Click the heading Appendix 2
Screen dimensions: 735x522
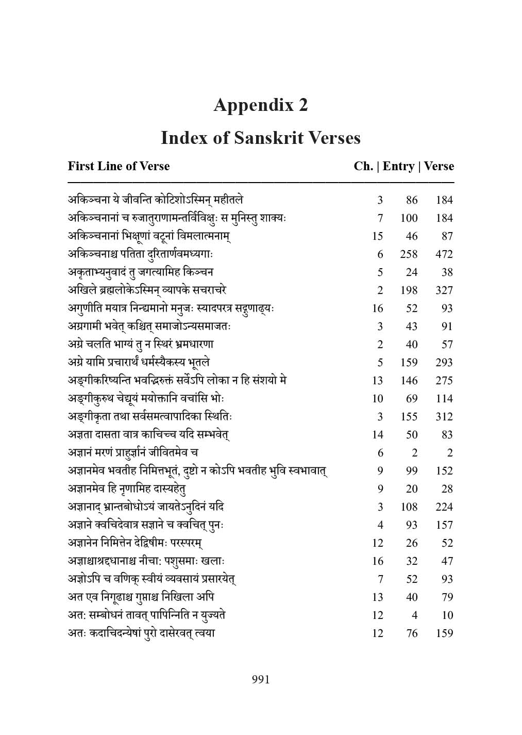click(x=261, y=105)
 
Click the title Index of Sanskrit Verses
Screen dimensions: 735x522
click(x=261, y=138)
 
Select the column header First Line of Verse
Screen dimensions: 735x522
click(x=119, y=166)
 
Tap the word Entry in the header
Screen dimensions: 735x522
click(x=398, y=166)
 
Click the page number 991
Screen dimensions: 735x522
click(x=261, y=679)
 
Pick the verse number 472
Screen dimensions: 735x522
click(x=444, y=254)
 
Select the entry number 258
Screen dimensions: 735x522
click(x=409, y=254)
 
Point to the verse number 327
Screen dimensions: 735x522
click(x=444, y=290)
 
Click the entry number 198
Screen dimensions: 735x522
click(x=409, y=290)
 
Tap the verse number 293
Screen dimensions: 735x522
click(x=444, y=363)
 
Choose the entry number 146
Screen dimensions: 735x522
click(x=409, y=381)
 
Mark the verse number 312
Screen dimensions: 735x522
click(x=444, y=417)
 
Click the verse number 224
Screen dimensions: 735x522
click(x=444, y=507)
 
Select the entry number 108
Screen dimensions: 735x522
click(x=409, y=507)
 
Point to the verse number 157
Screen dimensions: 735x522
click(x=444, y=525)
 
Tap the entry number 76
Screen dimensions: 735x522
click(x=412, y=633)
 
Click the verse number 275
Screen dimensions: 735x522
click(x=444, y=381)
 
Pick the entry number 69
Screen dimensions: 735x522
click(x=412, y=399)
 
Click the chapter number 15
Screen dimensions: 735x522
click(x=377, y=236)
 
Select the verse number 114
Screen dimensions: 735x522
click(x=444, y=399)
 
